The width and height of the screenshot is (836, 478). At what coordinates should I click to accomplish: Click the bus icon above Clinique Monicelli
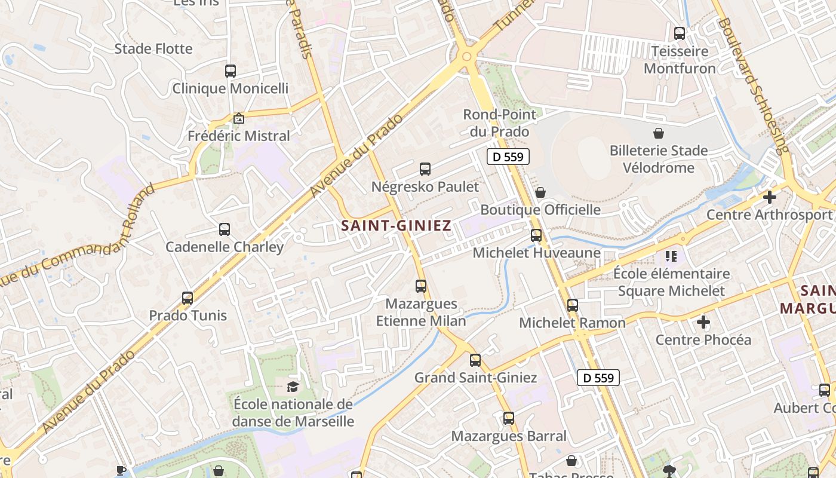230,71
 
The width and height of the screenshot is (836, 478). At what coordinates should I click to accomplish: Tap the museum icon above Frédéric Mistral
239,118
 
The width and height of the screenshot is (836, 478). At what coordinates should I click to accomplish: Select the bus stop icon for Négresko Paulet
425,169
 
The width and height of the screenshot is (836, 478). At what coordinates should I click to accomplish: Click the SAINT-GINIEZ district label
396,225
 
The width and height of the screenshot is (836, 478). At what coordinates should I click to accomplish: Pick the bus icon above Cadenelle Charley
225,229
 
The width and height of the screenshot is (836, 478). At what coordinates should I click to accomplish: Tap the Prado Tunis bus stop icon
188,298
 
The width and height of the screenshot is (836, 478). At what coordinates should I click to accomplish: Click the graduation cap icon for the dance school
293,387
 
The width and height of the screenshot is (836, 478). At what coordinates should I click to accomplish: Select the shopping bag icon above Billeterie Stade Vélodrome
659,133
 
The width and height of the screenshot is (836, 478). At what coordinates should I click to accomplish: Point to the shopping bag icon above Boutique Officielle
540,192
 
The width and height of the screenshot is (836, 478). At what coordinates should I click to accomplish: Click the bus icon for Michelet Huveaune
536,235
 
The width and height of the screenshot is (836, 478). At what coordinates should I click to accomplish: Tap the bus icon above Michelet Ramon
573,305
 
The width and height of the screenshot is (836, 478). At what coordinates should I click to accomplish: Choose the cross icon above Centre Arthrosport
770,197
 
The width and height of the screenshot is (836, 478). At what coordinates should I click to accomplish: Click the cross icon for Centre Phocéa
703,323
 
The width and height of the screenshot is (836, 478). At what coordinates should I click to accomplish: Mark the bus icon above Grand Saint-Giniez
475,360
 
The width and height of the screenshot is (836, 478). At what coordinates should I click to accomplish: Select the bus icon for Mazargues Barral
509,418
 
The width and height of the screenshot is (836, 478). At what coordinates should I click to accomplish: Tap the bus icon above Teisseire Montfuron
680,33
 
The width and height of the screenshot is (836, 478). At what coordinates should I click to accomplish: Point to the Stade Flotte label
153,49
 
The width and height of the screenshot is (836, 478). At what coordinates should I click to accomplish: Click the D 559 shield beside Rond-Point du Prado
508,157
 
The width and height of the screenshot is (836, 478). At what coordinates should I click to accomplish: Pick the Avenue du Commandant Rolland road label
78,235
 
